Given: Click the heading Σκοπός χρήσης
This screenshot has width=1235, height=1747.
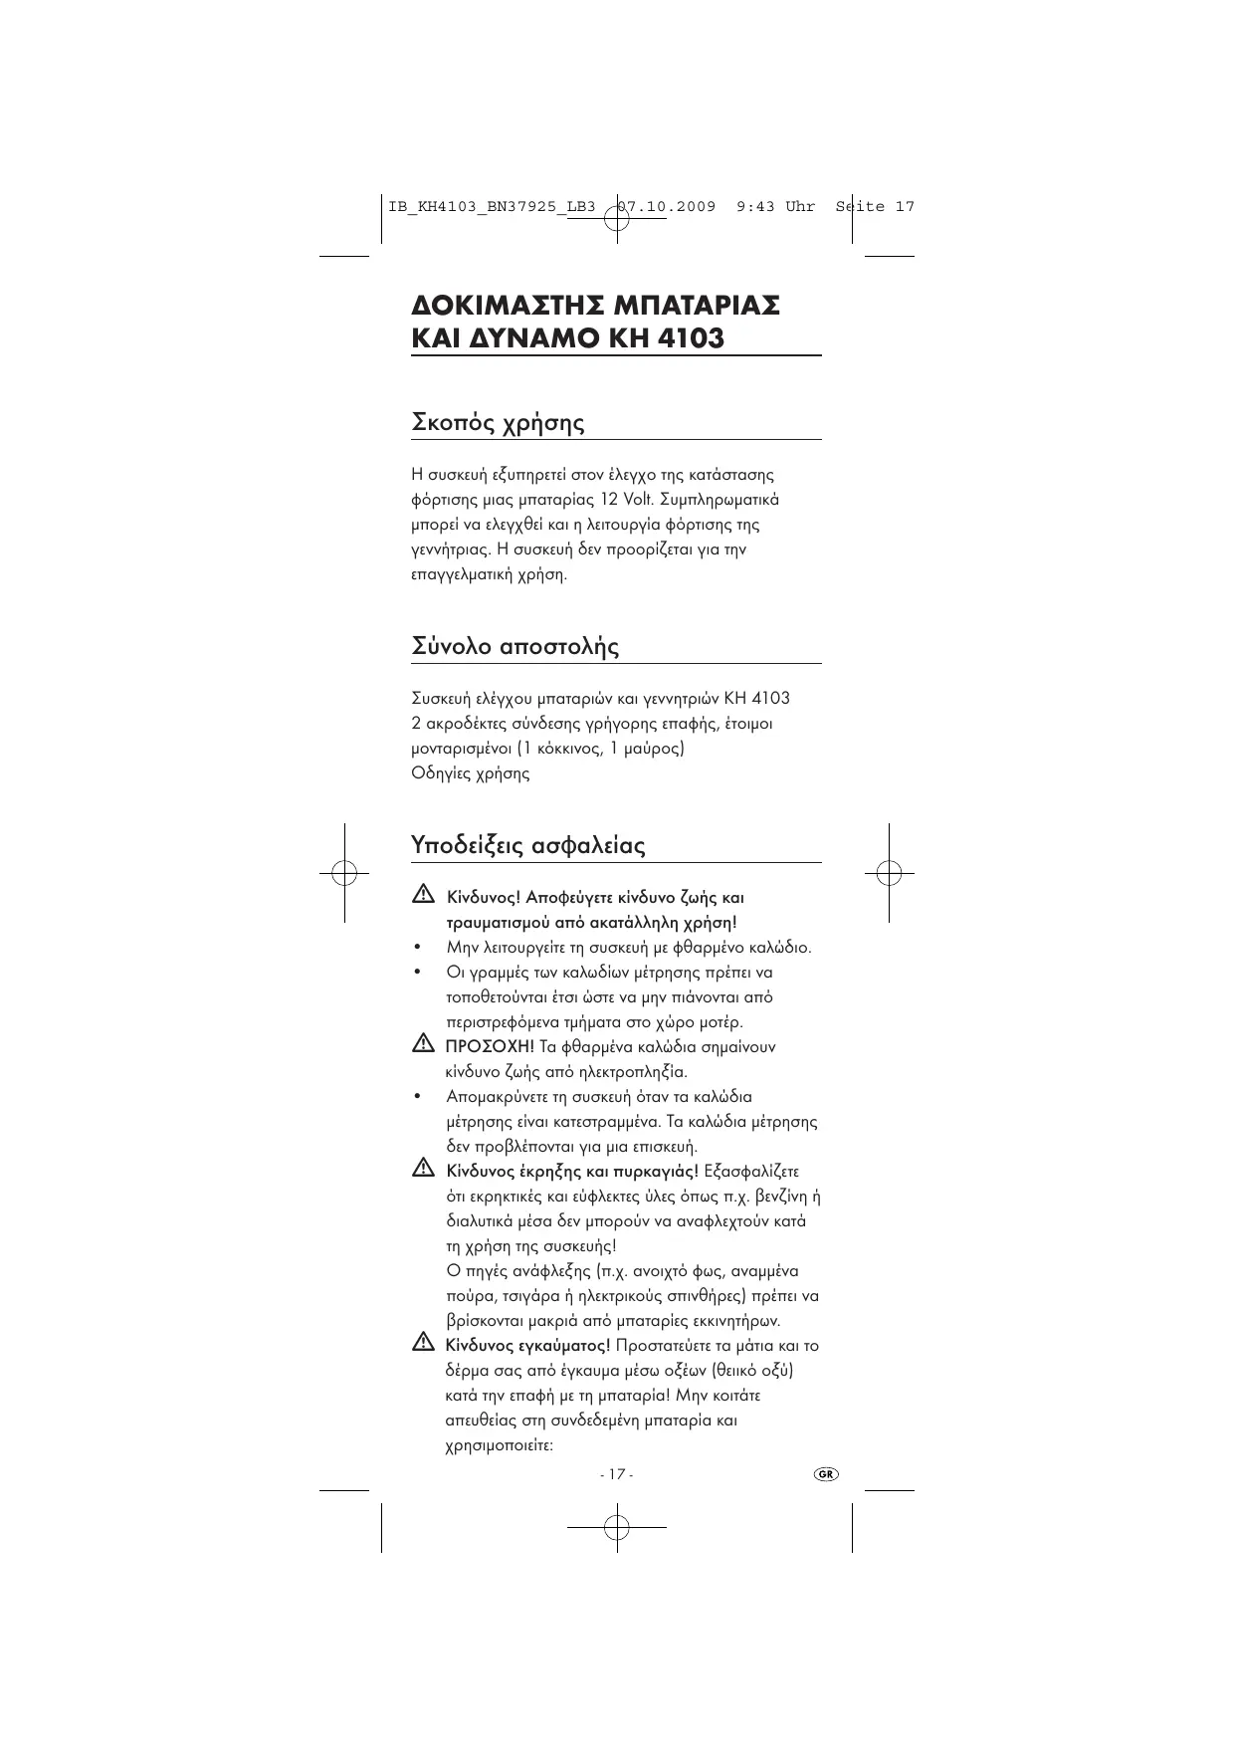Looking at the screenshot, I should [x=498, y=423].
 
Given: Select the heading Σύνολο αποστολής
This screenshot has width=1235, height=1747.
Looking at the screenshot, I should [x=515, y=647].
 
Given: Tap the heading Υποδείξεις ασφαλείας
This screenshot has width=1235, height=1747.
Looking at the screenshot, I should [x=527, y=846].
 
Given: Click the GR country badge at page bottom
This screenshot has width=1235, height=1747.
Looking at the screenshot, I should [x=826, y=1473].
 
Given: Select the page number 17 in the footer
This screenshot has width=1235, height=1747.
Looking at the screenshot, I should [x=616, y=1474].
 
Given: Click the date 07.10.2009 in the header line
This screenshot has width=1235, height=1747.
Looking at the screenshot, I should [x=666, y=207].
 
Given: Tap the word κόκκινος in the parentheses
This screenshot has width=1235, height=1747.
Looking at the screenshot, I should [x=563, y=749].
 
